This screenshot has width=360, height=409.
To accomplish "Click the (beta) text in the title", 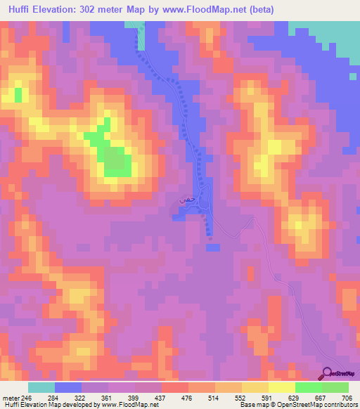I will (258, 10).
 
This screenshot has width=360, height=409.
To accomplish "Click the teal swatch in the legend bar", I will (41, 387).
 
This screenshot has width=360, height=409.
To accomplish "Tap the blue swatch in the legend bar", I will (68, 387).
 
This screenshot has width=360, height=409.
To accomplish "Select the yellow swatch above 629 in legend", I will (282, 387).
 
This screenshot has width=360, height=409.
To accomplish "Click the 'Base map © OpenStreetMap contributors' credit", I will (295, 405).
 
